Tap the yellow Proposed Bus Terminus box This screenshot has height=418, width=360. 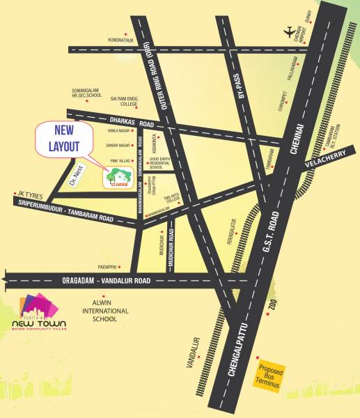[269, 377]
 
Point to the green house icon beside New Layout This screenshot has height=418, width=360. [110, 178]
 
